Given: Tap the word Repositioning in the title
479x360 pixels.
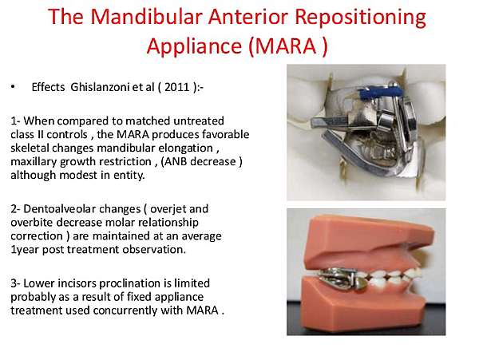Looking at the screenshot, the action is pyautogui.click(x=361, y=18).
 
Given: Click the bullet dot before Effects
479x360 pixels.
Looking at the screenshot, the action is pyautogui.click(x=13, y=87).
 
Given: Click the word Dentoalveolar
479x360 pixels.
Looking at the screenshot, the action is pyautogui.click(x=82, y=209).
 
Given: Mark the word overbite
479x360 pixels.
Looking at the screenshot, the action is pyautogui.click(x=32, y=222).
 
